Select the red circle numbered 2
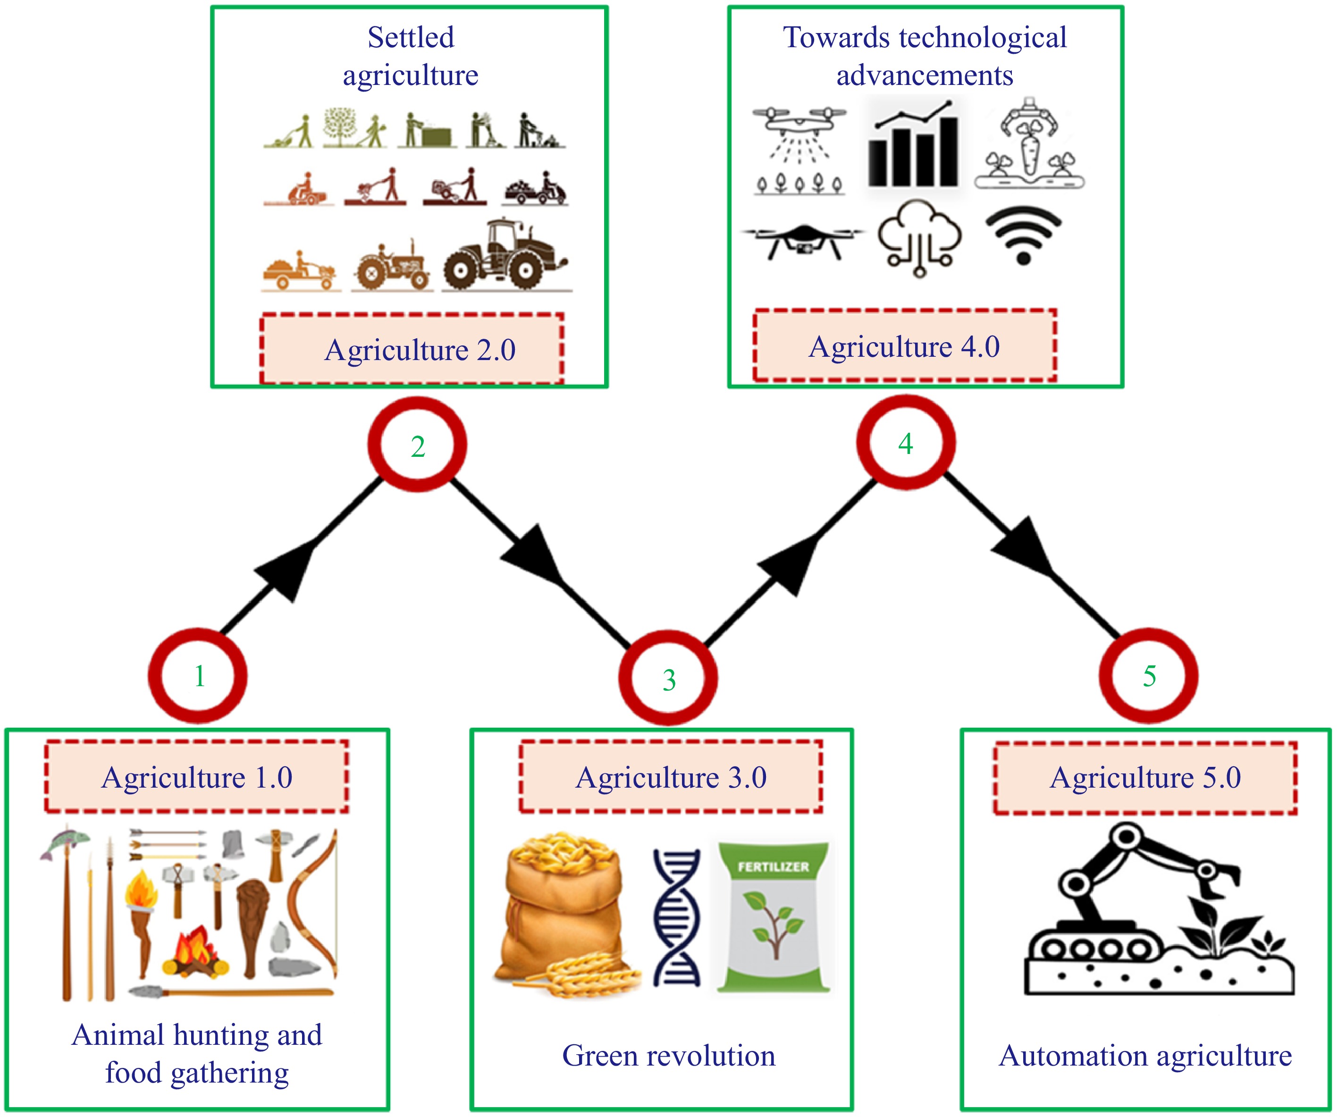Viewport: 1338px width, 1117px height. (x=417, y=445)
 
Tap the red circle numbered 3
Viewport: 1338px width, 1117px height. (x=668, y=678)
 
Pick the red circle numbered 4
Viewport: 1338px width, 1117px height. (x=905, y=443)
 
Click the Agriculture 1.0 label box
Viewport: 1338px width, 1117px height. (x=197, y=777)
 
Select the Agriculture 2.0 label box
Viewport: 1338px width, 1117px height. (x=412, y=349)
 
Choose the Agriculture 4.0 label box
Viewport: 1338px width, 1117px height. (x=905, y=346)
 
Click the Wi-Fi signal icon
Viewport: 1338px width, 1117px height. (x=1023, y=236)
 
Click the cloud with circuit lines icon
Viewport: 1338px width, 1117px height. (x=919, y=238)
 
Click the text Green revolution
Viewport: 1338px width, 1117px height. (x=668, y=1056)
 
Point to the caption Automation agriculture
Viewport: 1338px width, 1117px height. (x=1145, y=1056)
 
